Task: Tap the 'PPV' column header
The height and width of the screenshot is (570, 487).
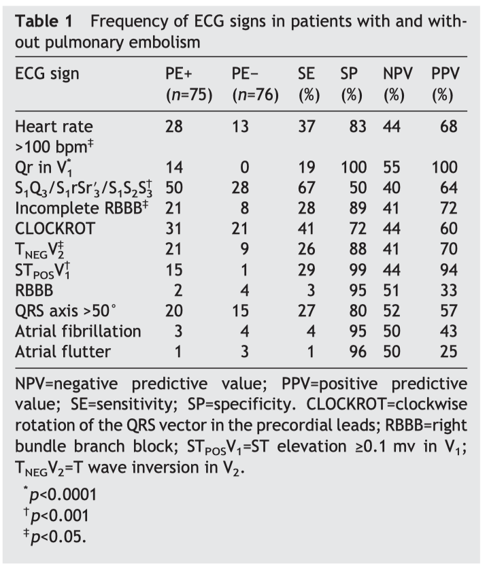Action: coord(444,73)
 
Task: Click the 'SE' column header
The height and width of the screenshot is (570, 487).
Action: coord(306,73)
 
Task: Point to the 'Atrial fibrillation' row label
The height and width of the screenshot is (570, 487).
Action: coord(78,332)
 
